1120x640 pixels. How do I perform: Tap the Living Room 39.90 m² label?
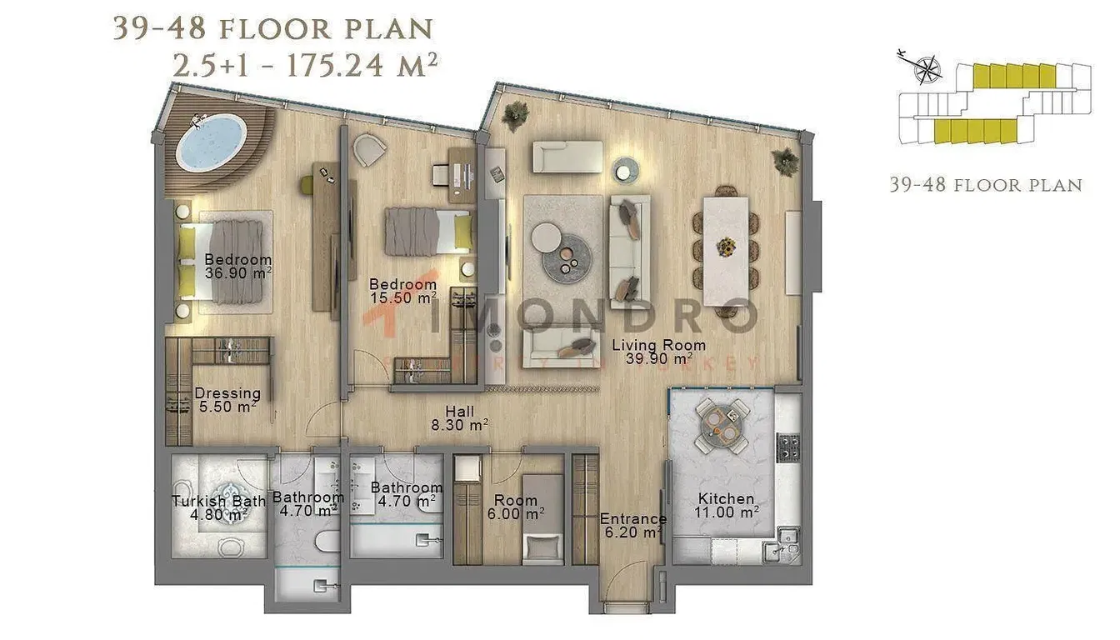point(658,352)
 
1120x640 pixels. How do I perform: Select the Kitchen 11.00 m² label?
point(727,505)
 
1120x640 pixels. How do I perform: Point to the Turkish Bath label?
point(218,507)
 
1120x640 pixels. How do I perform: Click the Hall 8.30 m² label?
point(460,417)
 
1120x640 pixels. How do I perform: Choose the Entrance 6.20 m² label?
point(632,525)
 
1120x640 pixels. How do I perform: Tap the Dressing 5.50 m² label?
point(227,399)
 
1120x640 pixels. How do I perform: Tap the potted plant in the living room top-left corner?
point(514,114)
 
